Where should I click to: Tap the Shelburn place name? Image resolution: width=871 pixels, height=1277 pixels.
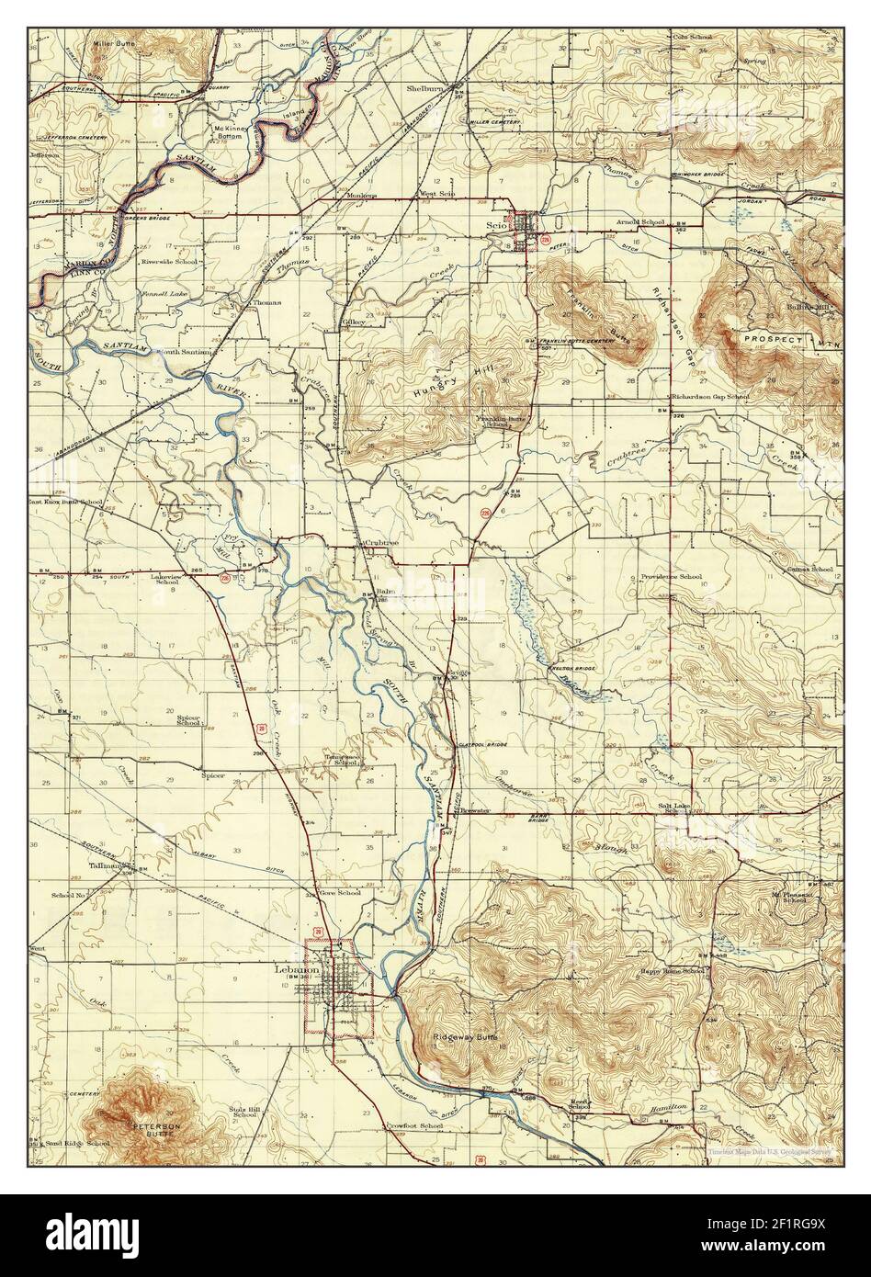point(426,89)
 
